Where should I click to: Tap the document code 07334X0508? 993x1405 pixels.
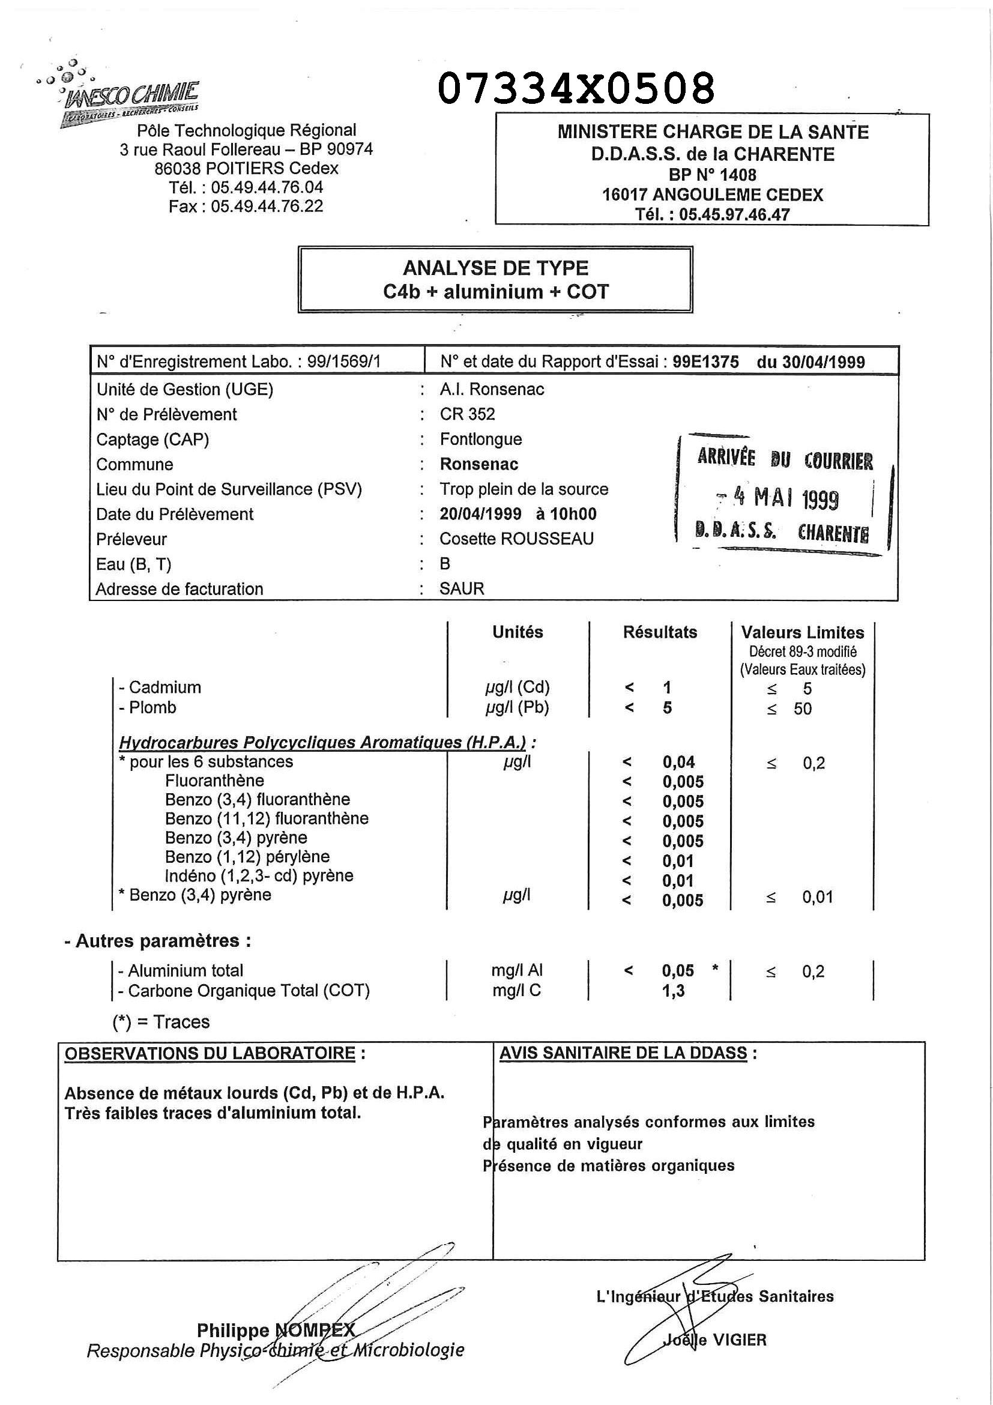click(576, 88)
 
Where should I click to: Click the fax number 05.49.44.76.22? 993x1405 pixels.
click(267, 206)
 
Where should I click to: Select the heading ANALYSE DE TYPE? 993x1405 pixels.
click(495, 268)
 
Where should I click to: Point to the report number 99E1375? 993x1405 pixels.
click(705, 361)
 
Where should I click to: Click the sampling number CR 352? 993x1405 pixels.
click(468, 414)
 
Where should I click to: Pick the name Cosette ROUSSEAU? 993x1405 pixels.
click(516, 539)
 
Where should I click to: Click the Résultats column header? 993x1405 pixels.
click(660, 632)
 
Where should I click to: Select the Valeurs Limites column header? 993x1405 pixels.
click(803, 632)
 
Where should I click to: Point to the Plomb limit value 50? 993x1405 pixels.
click(803, 709)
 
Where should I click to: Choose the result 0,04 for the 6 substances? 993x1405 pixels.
click(678, 763)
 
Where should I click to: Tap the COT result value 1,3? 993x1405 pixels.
click(673, 991)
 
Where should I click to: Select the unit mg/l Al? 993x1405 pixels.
click(517, 970)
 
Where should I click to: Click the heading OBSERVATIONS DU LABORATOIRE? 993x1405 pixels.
click(211, 1054)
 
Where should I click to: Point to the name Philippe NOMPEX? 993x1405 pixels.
click(276, 1331)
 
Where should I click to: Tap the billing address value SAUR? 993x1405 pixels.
click(462, 588)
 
